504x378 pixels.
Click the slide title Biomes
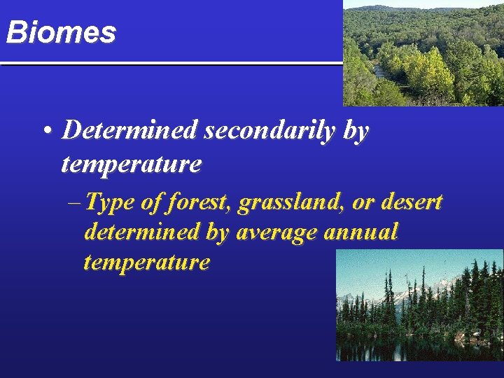[60, 32]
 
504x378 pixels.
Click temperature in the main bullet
[131, 164]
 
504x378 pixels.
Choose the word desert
[414, 202]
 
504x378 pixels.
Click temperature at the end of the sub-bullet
[146, 262]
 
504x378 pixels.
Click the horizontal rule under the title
[171, 64]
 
